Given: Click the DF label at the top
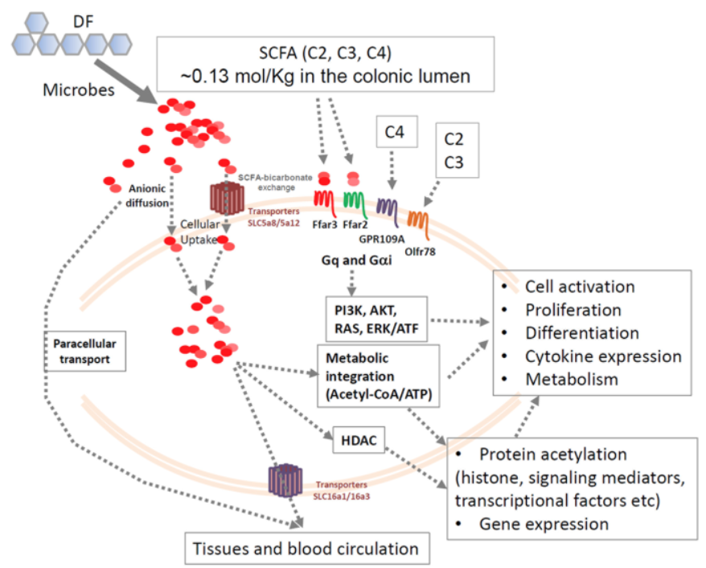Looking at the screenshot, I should click(x=96, y=16).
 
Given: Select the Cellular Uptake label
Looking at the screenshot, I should click(x=199, y=232).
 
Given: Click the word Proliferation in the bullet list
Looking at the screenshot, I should click(x=573, y=310).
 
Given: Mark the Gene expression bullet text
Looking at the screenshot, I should click(x=544, y=524).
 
